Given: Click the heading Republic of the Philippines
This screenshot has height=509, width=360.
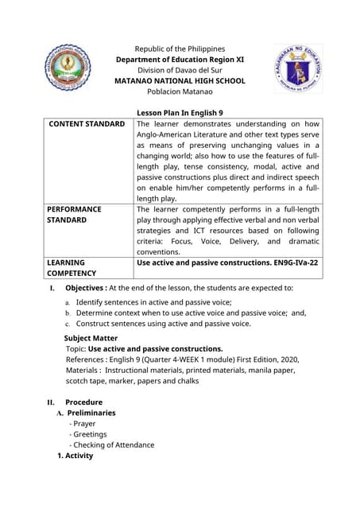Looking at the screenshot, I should pos(180,49).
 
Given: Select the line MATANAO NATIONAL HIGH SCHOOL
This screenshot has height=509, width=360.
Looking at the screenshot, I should pos(180,81).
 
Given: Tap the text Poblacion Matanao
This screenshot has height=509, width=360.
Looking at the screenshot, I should pos(180,92).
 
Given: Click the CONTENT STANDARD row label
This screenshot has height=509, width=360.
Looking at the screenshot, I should pos(87,124).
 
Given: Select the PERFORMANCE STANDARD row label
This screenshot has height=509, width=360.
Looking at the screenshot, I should pos(74,214).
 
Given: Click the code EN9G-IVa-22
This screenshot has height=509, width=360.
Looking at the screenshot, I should pos(292,262).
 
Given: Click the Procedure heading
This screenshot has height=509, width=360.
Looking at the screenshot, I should pos(84,402).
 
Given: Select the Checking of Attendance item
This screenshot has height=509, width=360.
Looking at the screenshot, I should pos(114,445).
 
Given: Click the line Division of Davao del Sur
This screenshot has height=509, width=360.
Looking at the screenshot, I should pos(180,70).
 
